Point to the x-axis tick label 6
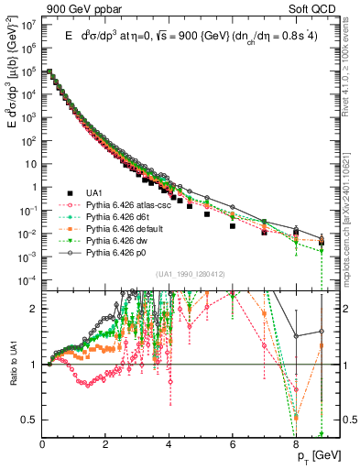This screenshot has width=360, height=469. click(233, 446)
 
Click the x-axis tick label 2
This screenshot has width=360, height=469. click(106, 446)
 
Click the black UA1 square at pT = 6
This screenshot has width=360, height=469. click(233, 225)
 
